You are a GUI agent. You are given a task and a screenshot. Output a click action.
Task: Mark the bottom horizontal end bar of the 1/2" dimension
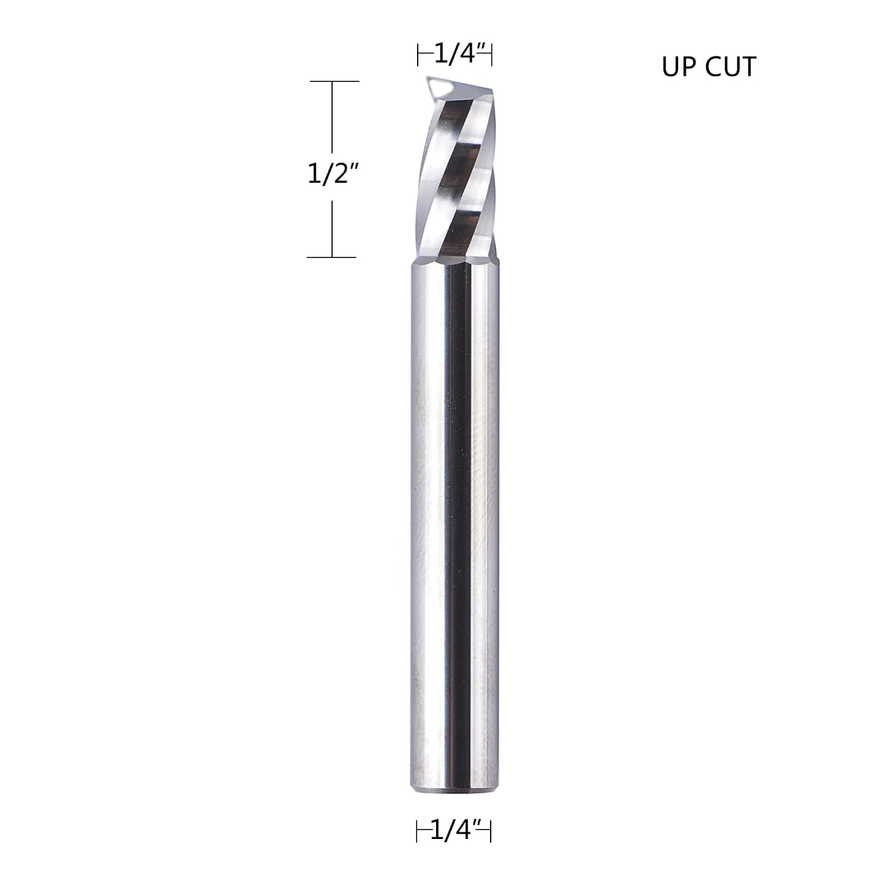pos(331,257)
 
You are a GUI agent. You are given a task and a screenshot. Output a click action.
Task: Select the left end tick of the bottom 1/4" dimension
pos(417,832)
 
